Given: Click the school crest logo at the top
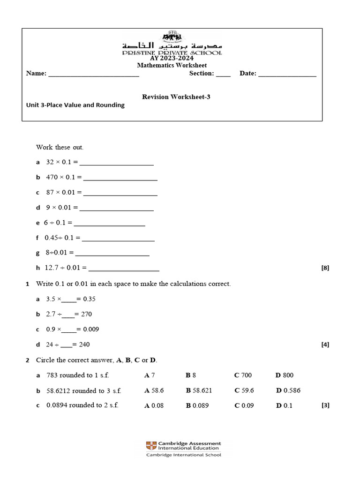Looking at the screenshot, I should (x=172, y=37).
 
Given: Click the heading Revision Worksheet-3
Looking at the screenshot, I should (x=172, y=97).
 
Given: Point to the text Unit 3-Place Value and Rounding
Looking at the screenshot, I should (x=75, y=105).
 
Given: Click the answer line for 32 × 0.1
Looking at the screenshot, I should (x=117, y=164).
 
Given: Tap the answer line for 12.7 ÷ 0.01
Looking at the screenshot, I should (x=124, y=270).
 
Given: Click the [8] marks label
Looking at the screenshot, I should (x=325, y=268).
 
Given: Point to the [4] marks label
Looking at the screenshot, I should (x=325, y=345).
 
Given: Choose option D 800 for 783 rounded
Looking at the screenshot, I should (x=285, y=375).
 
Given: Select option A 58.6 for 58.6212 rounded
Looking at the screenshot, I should (x=154, y=390).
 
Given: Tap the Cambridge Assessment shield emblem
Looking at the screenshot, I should (x=151, y=445).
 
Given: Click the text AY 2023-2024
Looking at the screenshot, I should (x=172, y=59).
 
